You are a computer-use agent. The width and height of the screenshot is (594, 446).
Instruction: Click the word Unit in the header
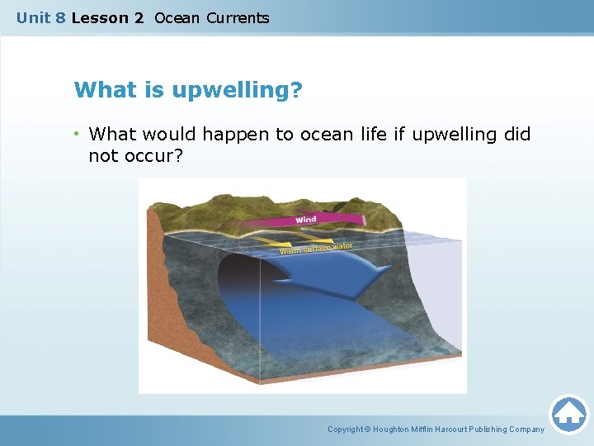pyautogui.click(x=34, y=17)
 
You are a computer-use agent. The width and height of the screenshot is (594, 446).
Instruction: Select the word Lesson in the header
pyautogui.click(x=97, y=17)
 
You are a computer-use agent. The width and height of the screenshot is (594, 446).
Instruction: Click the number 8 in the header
pyautogui.click(x=61, y=17)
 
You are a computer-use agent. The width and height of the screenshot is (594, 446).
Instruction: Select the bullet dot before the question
pyautogui.click(x=76, y=135)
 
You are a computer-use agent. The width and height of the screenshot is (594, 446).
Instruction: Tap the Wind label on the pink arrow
pyautogui.click(x=305, y=220)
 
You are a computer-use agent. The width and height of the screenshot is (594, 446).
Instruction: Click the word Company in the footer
pyautogui.click(x=526, y=429)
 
